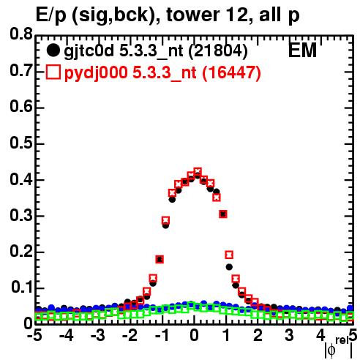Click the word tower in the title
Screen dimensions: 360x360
pyautogui.click(x=192, y=15)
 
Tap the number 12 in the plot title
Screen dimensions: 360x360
pyautogui.click(x=236, y=15)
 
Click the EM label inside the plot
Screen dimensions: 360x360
pyautogui.click(x=302, y=50)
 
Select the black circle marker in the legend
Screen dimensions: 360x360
pyautogui.click(x=53, y=50)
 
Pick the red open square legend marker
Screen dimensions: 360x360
pyautogui.click(x=53, y=72)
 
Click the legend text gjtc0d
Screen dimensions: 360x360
pyautogui.click(x=89, y=51)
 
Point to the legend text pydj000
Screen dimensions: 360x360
pyautogui.click(x=96, y=73)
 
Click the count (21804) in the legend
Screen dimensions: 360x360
pyautogui.click(x=218, y=50)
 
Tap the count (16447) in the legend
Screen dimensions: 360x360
pyautogui.click(x=231, y=72)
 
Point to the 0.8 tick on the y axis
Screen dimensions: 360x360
pyautogui.click(x=21, y=34)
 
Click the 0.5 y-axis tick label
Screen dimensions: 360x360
pyautogui.click(x=21, y=143)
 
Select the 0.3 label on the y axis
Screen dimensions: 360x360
pyautogui.click(x=21, y=215)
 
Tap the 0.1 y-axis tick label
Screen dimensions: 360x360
pyautogui.click(x=22, y=288)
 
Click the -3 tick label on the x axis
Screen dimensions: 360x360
pyautogui.click(x=98, y=336)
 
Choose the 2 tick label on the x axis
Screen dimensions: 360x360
pyautogui.click(x=258, y=336)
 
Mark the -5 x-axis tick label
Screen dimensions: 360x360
pyautogui.click(x=34, y=336)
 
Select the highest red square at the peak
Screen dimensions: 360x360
pyautogui.click(x=198, y=171)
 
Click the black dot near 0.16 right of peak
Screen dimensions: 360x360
pyautogui.click(x=229, y=267)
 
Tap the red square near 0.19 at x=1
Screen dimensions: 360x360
pyautogui.click(x=229, y=255)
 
